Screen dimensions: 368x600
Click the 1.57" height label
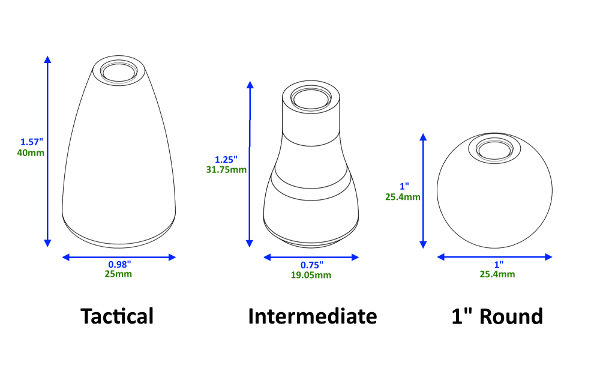(32, 142)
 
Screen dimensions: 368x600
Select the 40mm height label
(30, 153)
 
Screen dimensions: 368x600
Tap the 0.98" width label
(119, 264)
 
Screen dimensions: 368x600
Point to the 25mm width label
(118, 274)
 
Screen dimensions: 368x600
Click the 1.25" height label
(226, 160)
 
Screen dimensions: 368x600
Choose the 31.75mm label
(226, 170)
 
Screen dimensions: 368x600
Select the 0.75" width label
(311, 265)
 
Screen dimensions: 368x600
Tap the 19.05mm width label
(311, 276)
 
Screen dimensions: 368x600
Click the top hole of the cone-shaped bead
(119, 72)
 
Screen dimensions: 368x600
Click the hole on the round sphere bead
(495, 149)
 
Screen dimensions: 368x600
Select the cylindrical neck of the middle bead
(311, 123)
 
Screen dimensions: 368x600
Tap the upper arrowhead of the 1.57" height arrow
(47, 59)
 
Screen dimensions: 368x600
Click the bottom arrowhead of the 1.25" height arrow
(250, 243)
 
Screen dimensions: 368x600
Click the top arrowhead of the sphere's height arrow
(423, 137)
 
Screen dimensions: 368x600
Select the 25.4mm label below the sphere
(497, 274)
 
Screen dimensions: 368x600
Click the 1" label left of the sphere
(404, 186)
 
